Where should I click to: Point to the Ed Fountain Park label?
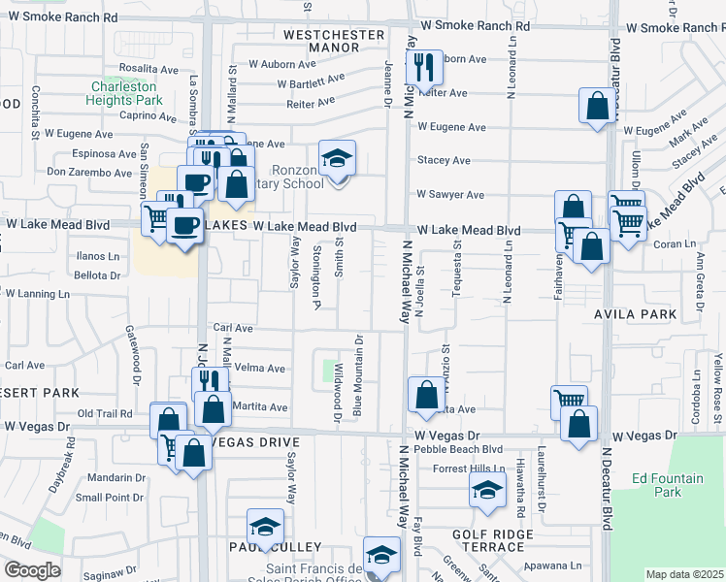click(x=667, y=485)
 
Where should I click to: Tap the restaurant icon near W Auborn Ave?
click(x=424, y=68)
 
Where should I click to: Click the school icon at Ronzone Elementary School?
click(x=337, y=158)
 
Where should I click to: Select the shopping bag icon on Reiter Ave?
click(x=598, y=106)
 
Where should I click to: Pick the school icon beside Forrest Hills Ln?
click(x=487, y=491)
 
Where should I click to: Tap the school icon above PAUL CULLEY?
click(x=265, y=527)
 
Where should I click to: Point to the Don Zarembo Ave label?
click(x=88, y=173)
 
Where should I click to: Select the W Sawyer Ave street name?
click(x=450, y=195)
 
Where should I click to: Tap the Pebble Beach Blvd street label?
click(x=458, y=449)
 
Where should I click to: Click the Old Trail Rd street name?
click(x=104, y=414)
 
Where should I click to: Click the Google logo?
click(x=32, y=570)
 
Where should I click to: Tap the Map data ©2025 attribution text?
click(x=684, y=574)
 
